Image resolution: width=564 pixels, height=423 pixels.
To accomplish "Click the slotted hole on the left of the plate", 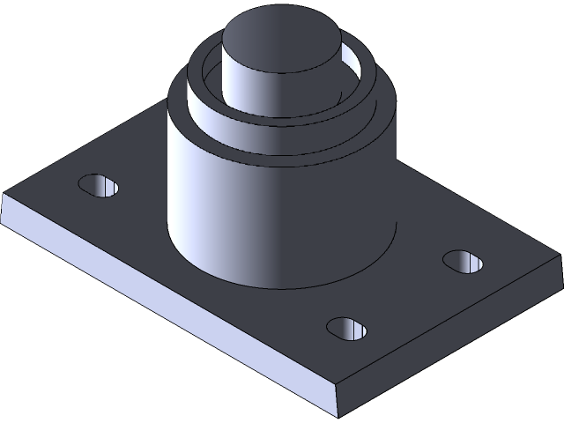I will (99, 185).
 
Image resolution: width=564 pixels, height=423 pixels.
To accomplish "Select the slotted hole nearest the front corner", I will (346, 328).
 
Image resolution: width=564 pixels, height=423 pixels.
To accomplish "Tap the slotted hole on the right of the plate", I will (464, 262).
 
